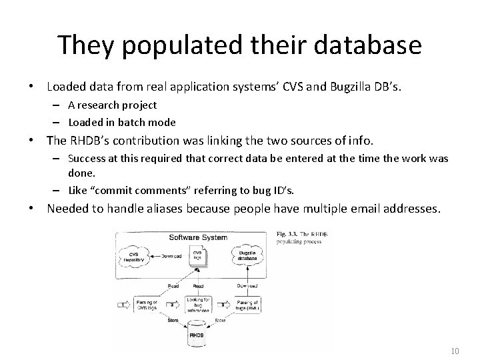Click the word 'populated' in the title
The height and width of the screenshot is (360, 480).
(157, 46)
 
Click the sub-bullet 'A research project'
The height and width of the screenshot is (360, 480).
(111, 105)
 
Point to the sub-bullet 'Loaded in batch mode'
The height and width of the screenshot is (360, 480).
(121, 122)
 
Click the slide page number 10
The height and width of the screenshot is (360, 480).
(456, 351)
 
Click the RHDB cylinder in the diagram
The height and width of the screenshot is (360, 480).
(197, 333)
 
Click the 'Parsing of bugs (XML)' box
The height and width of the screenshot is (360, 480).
(249, 305)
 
